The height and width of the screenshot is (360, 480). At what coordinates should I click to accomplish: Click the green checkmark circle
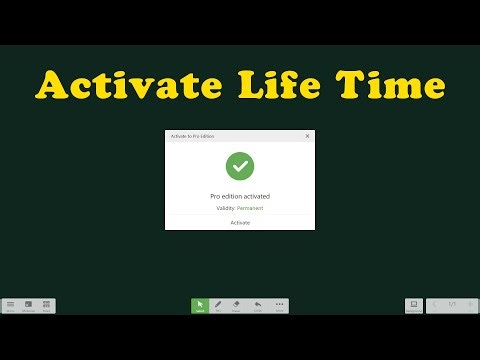(240, 165)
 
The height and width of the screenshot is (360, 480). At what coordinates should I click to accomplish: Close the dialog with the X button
(307, 136)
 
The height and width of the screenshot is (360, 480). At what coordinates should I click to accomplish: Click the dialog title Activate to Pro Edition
(193, 136)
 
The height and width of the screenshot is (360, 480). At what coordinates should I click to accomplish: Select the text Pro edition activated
(240, 196)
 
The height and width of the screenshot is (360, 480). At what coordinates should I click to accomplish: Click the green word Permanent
(250, 207)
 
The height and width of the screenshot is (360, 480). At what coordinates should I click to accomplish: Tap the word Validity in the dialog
(225, 207)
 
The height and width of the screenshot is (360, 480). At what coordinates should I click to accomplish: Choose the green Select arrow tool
(200, 305)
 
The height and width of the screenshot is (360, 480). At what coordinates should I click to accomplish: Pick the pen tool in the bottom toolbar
(219, 305)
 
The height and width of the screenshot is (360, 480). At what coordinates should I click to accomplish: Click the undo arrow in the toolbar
(258, 305)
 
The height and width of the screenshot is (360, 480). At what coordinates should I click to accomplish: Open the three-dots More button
(279, 305)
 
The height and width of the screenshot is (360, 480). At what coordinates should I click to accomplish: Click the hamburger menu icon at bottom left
(10, 305)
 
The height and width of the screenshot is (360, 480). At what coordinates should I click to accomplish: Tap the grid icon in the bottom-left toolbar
(28, 305)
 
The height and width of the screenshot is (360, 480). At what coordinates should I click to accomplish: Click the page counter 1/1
(452, 304)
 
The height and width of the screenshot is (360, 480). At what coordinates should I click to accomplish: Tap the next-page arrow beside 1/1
(469, 304)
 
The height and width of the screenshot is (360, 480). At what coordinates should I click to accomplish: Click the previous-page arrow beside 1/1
(435, 304)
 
